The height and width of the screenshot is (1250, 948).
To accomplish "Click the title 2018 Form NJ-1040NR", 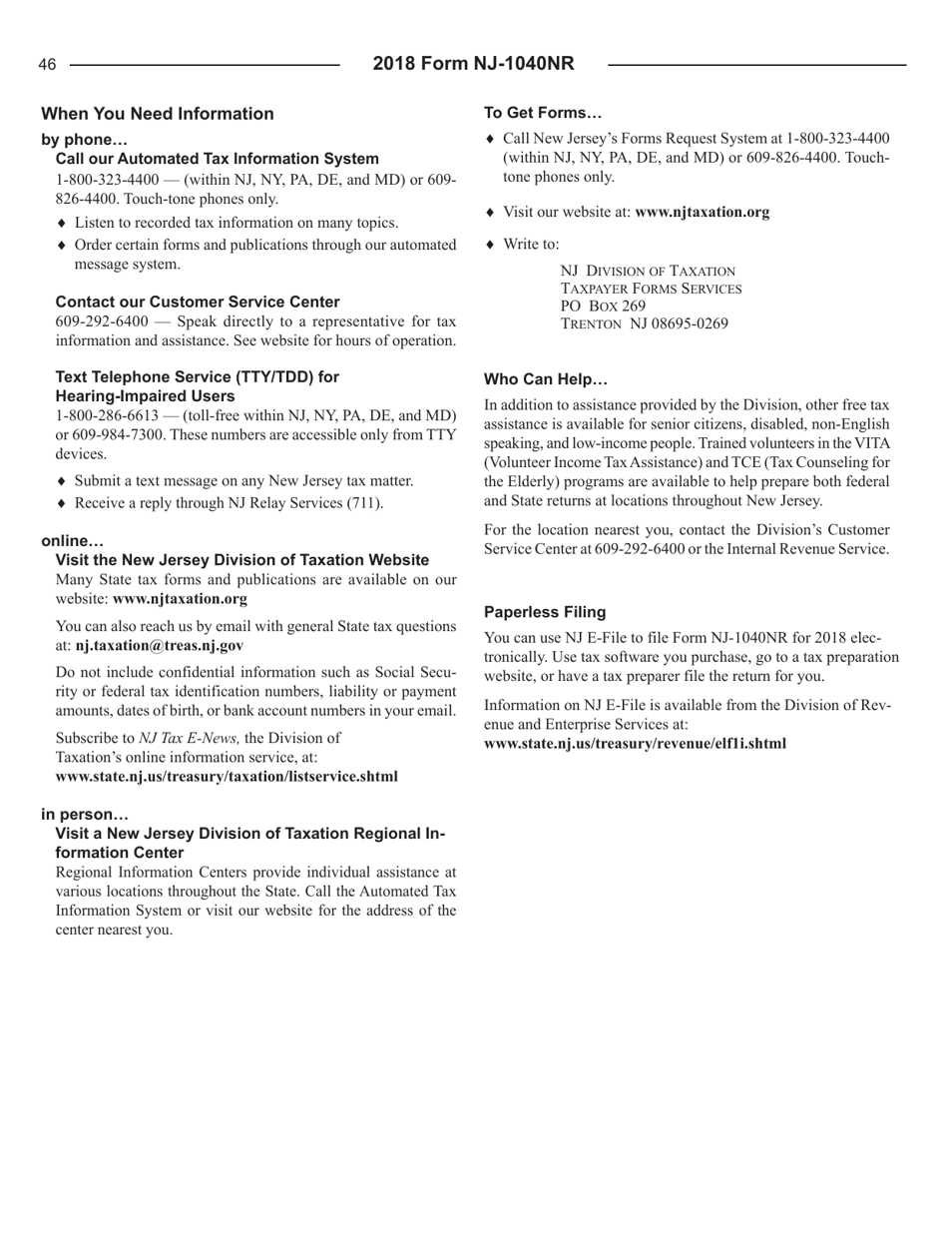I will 474,64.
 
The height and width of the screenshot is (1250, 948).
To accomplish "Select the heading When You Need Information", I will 158,114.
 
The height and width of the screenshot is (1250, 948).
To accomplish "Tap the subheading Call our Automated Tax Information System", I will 217,158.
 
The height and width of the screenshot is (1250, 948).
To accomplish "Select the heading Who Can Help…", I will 545,379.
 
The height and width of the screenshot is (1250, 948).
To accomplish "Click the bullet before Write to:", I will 489,244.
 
